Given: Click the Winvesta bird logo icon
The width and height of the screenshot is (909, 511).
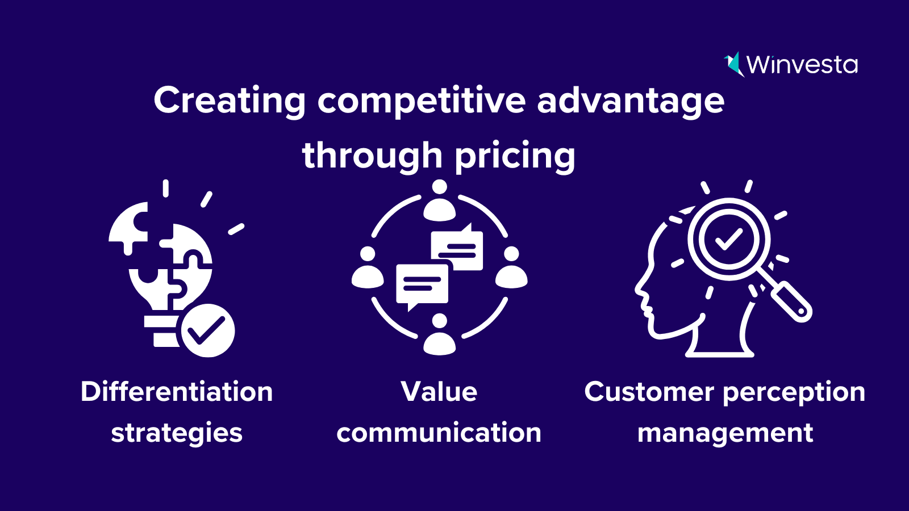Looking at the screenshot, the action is [x=733, y=64].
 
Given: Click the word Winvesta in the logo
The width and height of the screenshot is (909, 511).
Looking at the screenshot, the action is [x=802, y=65].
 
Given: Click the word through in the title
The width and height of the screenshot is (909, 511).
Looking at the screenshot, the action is [x=372, y=156].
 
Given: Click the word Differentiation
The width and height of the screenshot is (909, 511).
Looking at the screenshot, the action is [x=177, y=392].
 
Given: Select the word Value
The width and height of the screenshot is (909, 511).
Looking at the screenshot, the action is [x=439, y=392].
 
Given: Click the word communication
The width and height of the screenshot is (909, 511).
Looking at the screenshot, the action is [x=439, y=433].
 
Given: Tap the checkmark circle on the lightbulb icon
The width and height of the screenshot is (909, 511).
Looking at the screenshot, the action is [x=208, y=330].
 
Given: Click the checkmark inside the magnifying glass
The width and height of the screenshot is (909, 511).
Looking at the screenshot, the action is [x=729, y=239].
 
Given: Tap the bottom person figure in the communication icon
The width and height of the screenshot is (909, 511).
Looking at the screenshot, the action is [x=440, y=334].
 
